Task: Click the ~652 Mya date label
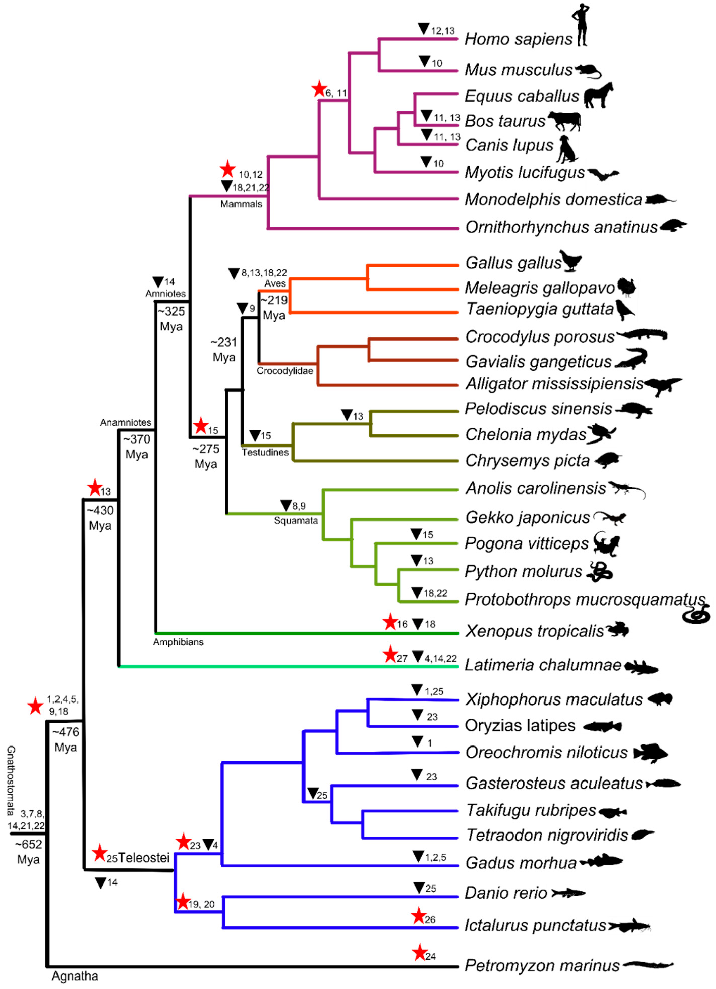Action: pyautogui.click(x=29, y=852)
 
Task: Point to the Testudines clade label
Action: pyautogui.click(x=265, y=452)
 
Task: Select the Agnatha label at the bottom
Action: pyautogui.click(x=74, y=976)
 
